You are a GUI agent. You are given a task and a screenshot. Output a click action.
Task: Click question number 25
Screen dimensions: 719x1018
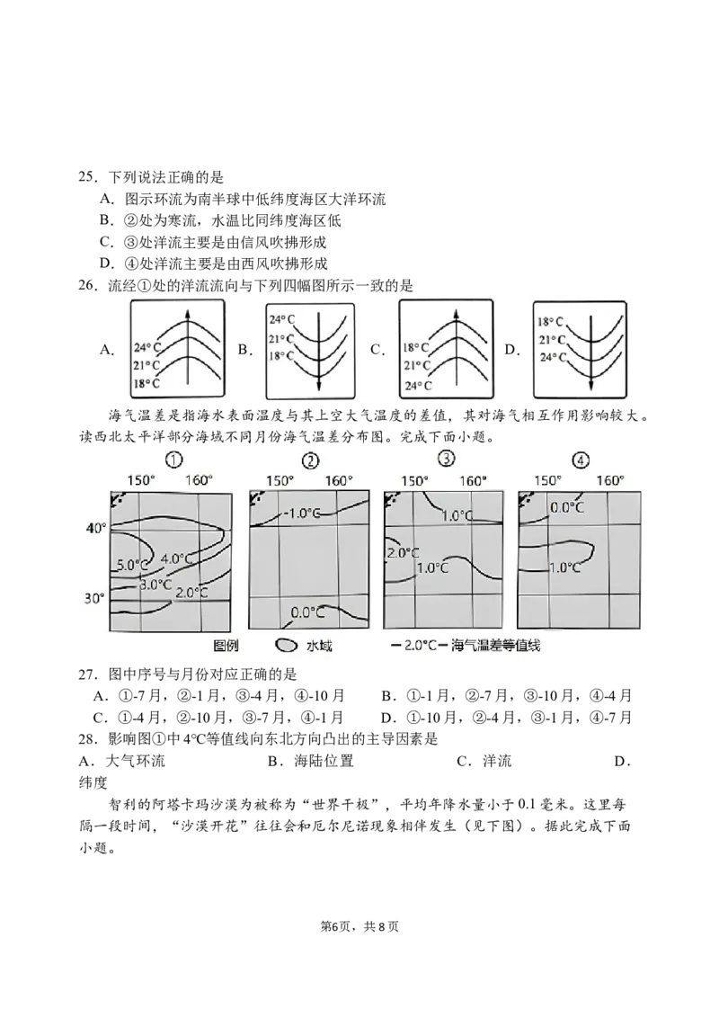(x=87, y=177)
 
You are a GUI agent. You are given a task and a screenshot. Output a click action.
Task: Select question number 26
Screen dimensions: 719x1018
(x=87, y=286)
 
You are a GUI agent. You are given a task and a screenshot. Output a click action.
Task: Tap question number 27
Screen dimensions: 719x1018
(x=87, y=674)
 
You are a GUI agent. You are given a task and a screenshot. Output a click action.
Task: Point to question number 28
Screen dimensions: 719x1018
(x=87, y=739)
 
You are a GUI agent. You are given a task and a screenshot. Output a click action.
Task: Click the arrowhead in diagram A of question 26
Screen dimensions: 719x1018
(x=188, y=315)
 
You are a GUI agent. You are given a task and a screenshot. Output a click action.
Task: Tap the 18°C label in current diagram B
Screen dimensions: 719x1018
(x=281, y=356)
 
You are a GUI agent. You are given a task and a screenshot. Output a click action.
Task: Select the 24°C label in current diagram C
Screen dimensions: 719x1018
(x=418, y=386)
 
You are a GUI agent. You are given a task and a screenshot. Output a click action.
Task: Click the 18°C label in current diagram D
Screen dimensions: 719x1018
(x=550, y=321)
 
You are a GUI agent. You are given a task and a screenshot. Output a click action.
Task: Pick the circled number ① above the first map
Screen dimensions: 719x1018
(x=174, y=460)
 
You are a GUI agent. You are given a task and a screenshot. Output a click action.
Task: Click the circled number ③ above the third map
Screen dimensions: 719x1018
(x=447, y=459)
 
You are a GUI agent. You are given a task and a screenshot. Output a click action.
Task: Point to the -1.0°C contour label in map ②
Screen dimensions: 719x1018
(x=302, y=513)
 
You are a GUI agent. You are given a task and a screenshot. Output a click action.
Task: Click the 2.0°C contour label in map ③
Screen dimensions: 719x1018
(x=403, y=553)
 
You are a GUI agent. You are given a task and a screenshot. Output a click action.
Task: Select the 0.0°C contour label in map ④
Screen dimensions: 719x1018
(x=567, y=507)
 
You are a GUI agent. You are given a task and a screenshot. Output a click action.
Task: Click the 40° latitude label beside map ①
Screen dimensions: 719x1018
(x=95, y=529)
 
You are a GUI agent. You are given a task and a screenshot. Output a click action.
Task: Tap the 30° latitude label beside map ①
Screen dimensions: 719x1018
(x=94, y=598)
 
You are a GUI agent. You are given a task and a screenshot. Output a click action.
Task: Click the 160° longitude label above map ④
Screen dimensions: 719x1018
(x=610, y=480)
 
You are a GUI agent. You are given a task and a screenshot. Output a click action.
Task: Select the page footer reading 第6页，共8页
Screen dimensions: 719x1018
(x=359, y=926)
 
